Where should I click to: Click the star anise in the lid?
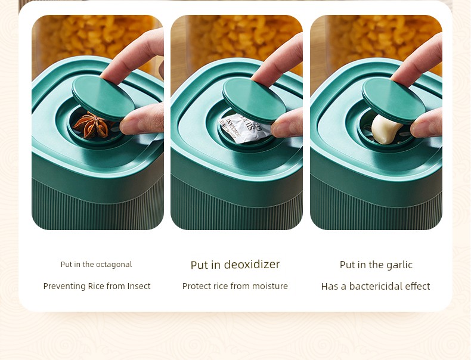click(x=92, y=126)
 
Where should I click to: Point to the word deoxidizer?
click(x=252, y=265)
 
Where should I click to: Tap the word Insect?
click(x=139, y=286)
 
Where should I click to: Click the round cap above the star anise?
click(x=103, y=98)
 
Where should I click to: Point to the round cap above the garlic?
click(x=393, y=100)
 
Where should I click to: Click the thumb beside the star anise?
click(x=142, y=119)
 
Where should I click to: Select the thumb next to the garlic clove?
click(x=426, y=124)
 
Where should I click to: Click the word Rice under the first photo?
click(x=96, y=286)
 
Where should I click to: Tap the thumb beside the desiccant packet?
click(x=287, y=123)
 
